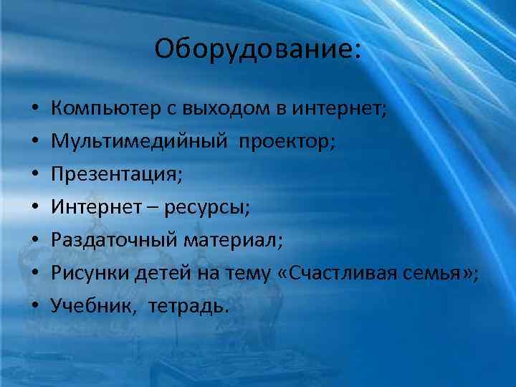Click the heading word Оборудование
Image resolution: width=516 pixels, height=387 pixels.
click(x=253, y=49)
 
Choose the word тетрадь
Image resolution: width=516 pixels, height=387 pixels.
click(x=190, y=307)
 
